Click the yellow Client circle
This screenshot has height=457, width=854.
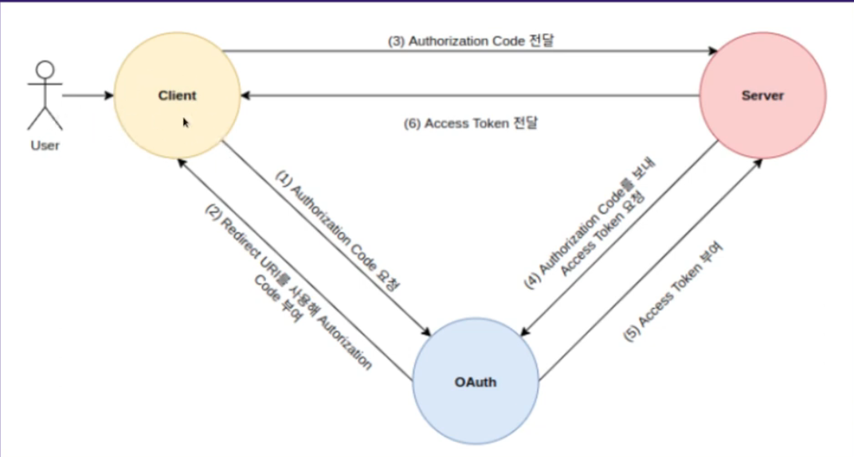pyautogui.click(x=177, y=96)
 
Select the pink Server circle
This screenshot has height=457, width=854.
pyautogui.click(x=762, y=96)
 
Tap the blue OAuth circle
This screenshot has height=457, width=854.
pyautogui.click(x=476, y=381)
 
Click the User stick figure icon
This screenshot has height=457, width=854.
pyautogui.click(x=45, y=95)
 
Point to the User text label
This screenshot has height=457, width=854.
pyautogui.click(x=45, y=146)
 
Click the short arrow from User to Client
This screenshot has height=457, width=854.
pyautogui.click(x=88, y=96)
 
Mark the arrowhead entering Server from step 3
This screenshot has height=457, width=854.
pyautogui.click(x=712, y=52)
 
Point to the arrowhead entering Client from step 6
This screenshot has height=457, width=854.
pyautogui.click(x=246, y=96)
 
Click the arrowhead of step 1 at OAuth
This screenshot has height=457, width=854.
pyautogui.click(x=426, y=331)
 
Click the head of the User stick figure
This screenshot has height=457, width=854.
pyautogui.click(x=45, y=70)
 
